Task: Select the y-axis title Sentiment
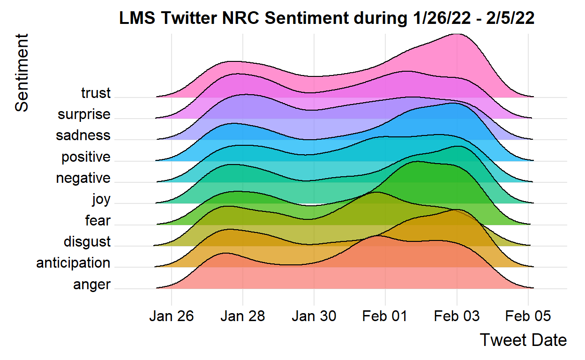click(22, 72)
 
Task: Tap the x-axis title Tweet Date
click(523, 340)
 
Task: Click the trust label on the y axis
click(96, 93)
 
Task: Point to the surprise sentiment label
click(84, 114)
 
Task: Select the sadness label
click(83, 135)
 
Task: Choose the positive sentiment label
click(86, 157)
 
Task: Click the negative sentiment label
click(83, 178)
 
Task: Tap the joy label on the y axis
click(101, 200)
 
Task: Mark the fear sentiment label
click(97, 220)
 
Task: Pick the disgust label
click(87, 242)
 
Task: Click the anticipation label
click(73, 263)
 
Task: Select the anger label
click(92, 285)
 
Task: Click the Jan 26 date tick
click(171, 316)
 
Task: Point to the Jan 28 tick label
click(242, 316)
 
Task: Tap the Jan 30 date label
click(314, 316)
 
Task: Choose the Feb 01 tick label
click(385, 316)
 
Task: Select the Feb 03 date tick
click(457, 316)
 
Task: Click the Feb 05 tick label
click(528, 316)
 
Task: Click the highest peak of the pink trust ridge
click(456, 34)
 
